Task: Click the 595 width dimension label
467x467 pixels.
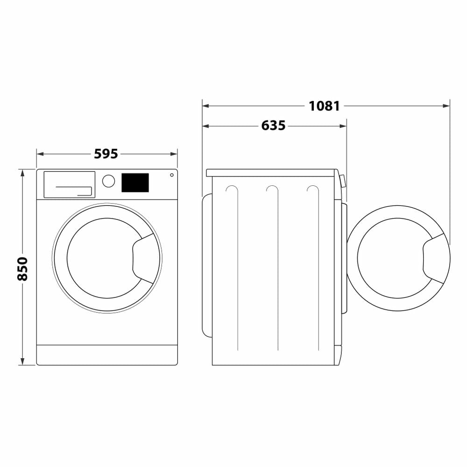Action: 106,154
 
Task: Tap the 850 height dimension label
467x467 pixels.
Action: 22,269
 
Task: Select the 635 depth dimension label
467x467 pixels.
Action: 273,126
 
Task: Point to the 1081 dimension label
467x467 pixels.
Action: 324,106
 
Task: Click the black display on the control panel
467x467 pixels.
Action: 135,183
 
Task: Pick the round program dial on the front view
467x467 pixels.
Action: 108,181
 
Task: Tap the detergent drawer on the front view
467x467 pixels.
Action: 69,184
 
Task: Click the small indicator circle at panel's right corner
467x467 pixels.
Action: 172,175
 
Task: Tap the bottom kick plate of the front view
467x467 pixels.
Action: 107,355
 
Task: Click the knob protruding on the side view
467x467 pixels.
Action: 343,181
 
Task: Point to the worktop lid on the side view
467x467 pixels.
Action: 271,173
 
